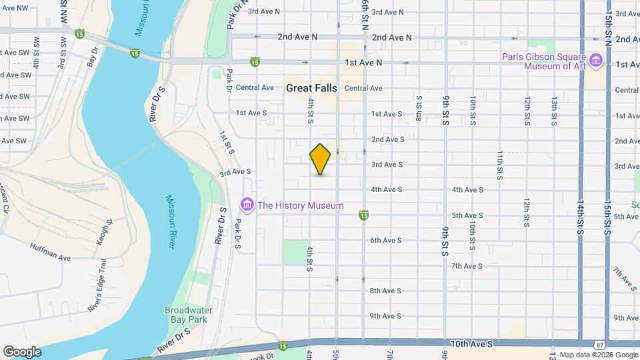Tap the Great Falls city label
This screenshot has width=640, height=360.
coord(311,88)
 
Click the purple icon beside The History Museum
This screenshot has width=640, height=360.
coord(247,205)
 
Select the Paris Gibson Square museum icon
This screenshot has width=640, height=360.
coord(596,61)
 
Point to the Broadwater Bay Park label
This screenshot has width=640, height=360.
coord(186,315)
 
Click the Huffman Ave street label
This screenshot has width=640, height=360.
coord(50,251)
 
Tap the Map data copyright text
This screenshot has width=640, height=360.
coord(599,355)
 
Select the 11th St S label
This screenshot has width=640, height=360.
coord(499,165)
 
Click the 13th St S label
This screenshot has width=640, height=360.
coord(554,111)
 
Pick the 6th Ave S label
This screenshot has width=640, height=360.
coord(386,240)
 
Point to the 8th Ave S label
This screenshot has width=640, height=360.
coord(385,291)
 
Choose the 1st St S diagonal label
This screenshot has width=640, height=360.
coord(227,142)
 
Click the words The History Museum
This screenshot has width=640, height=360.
coord(300,205)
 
